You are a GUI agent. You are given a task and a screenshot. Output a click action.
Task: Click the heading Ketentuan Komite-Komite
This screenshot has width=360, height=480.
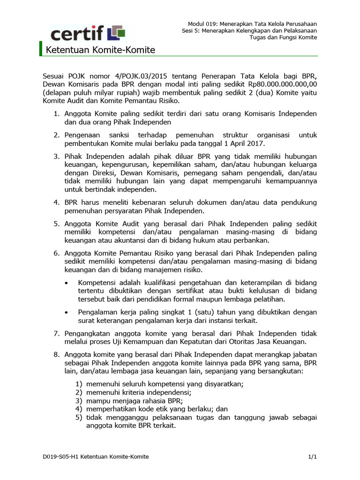99,50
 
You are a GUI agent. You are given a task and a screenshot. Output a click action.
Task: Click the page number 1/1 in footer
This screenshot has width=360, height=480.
313,456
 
